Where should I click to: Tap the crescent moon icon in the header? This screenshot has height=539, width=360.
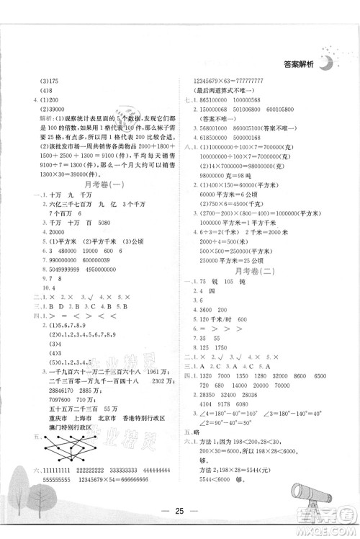coord(328,61)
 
